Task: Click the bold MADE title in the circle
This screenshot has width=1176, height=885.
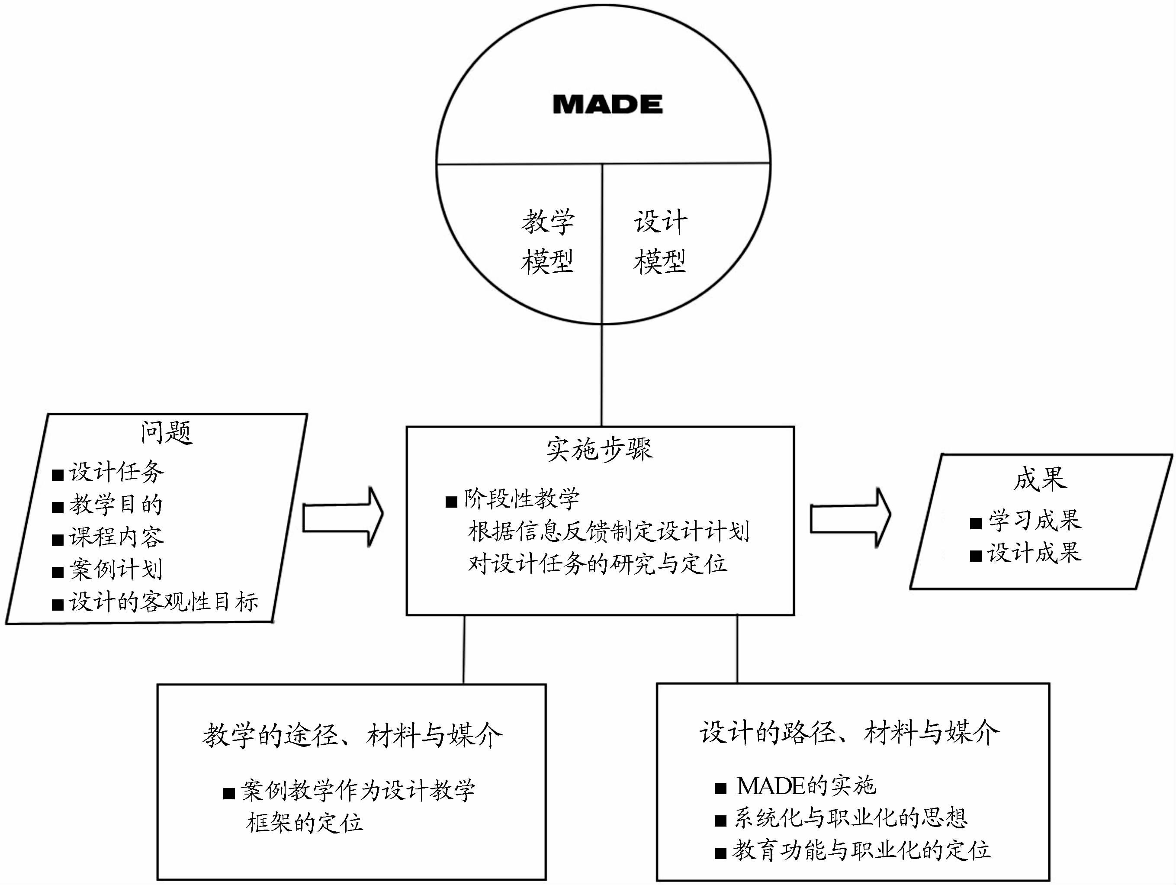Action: pyautogui.click(x=607, y=104)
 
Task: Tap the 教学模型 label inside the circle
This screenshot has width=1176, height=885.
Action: pyautogui.click(x=548, y=242)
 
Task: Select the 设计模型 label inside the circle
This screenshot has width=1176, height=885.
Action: pyautogui.click(x=660, y=242)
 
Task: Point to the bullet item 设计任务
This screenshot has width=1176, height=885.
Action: pyautogui.click(x=116, y=472)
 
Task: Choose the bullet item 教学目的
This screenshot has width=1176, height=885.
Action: pyautogui.click(x=116, y=505)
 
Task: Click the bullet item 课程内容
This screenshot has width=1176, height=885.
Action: pyautogui.click(x=116, y=537)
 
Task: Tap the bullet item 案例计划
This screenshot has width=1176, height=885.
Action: pyautogui.click(x=116, y=570)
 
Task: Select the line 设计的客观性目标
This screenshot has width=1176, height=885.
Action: pyautogui.click(x=163, y=602)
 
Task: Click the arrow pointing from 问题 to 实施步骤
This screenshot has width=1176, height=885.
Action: pyautogui.click(x=343, y=518)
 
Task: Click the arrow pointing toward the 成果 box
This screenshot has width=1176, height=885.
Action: pyautogui.click(x=850, y=518)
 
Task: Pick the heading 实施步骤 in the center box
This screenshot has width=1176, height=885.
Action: pyautogui.click(x=599, y=449)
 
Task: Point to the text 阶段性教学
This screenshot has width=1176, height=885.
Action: pyautogui.click(x=521, y=499)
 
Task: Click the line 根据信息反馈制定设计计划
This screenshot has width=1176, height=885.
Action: pyautogui.click(x=608, y=531)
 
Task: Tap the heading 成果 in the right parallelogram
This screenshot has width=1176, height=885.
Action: pyautogui.click(x=1040, y=479)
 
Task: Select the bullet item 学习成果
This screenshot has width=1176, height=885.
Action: pyautogui.click(x=1034, y=521)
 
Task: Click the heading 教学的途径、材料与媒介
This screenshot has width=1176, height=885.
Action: pyautogui.click(x=352, y=736)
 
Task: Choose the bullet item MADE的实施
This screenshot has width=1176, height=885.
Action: pyautogui.click(x=806, y=785)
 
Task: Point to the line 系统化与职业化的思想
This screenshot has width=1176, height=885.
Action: pyautogui.click(x=850, y=818)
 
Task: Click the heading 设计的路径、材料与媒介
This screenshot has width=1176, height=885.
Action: pyautogui.click(x=849, y=733)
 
